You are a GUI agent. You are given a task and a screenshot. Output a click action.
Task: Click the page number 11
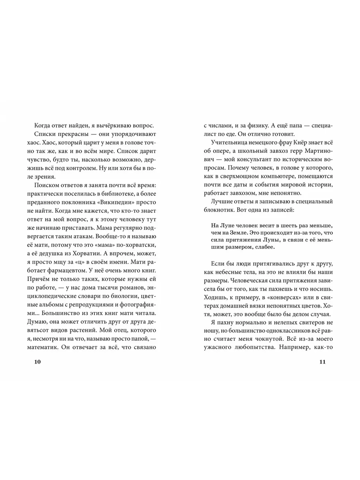pyautogui.click(x=323, y=362)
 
